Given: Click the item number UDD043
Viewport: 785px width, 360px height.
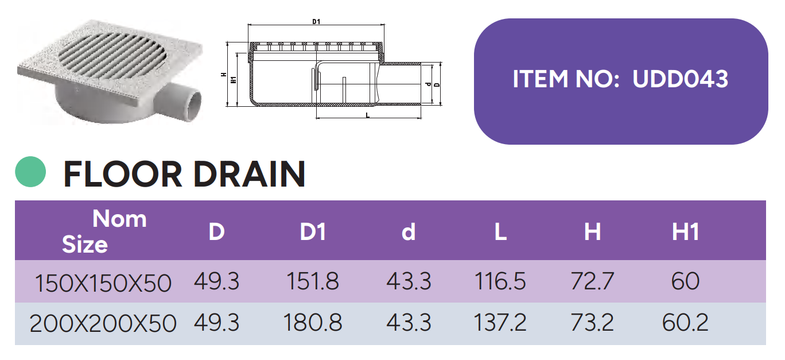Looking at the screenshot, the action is click(x=680, y=79).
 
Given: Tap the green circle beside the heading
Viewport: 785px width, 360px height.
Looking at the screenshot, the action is click(x=30, y=172).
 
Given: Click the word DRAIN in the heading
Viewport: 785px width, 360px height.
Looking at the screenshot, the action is click(x=250, y=174).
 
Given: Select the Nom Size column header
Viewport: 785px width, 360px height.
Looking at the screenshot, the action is click(x=104, y=231).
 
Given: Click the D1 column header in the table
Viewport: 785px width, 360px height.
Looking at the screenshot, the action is click(x=313, y=232).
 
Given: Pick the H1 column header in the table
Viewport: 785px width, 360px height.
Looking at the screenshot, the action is click(x=686, y=232).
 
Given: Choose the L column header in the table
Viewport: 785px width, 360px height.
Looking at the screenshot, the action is click(x=500, y=232).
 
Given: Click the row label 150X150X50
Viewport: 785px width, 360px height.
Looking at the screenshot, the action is click(x=103, y=283).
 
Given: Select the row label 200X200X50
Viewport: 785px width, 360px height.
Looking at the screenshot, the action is click(x=103, y=323).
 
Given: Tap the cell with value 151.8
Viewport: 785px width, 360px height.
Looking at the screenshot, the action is click(x=313, y=281).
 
